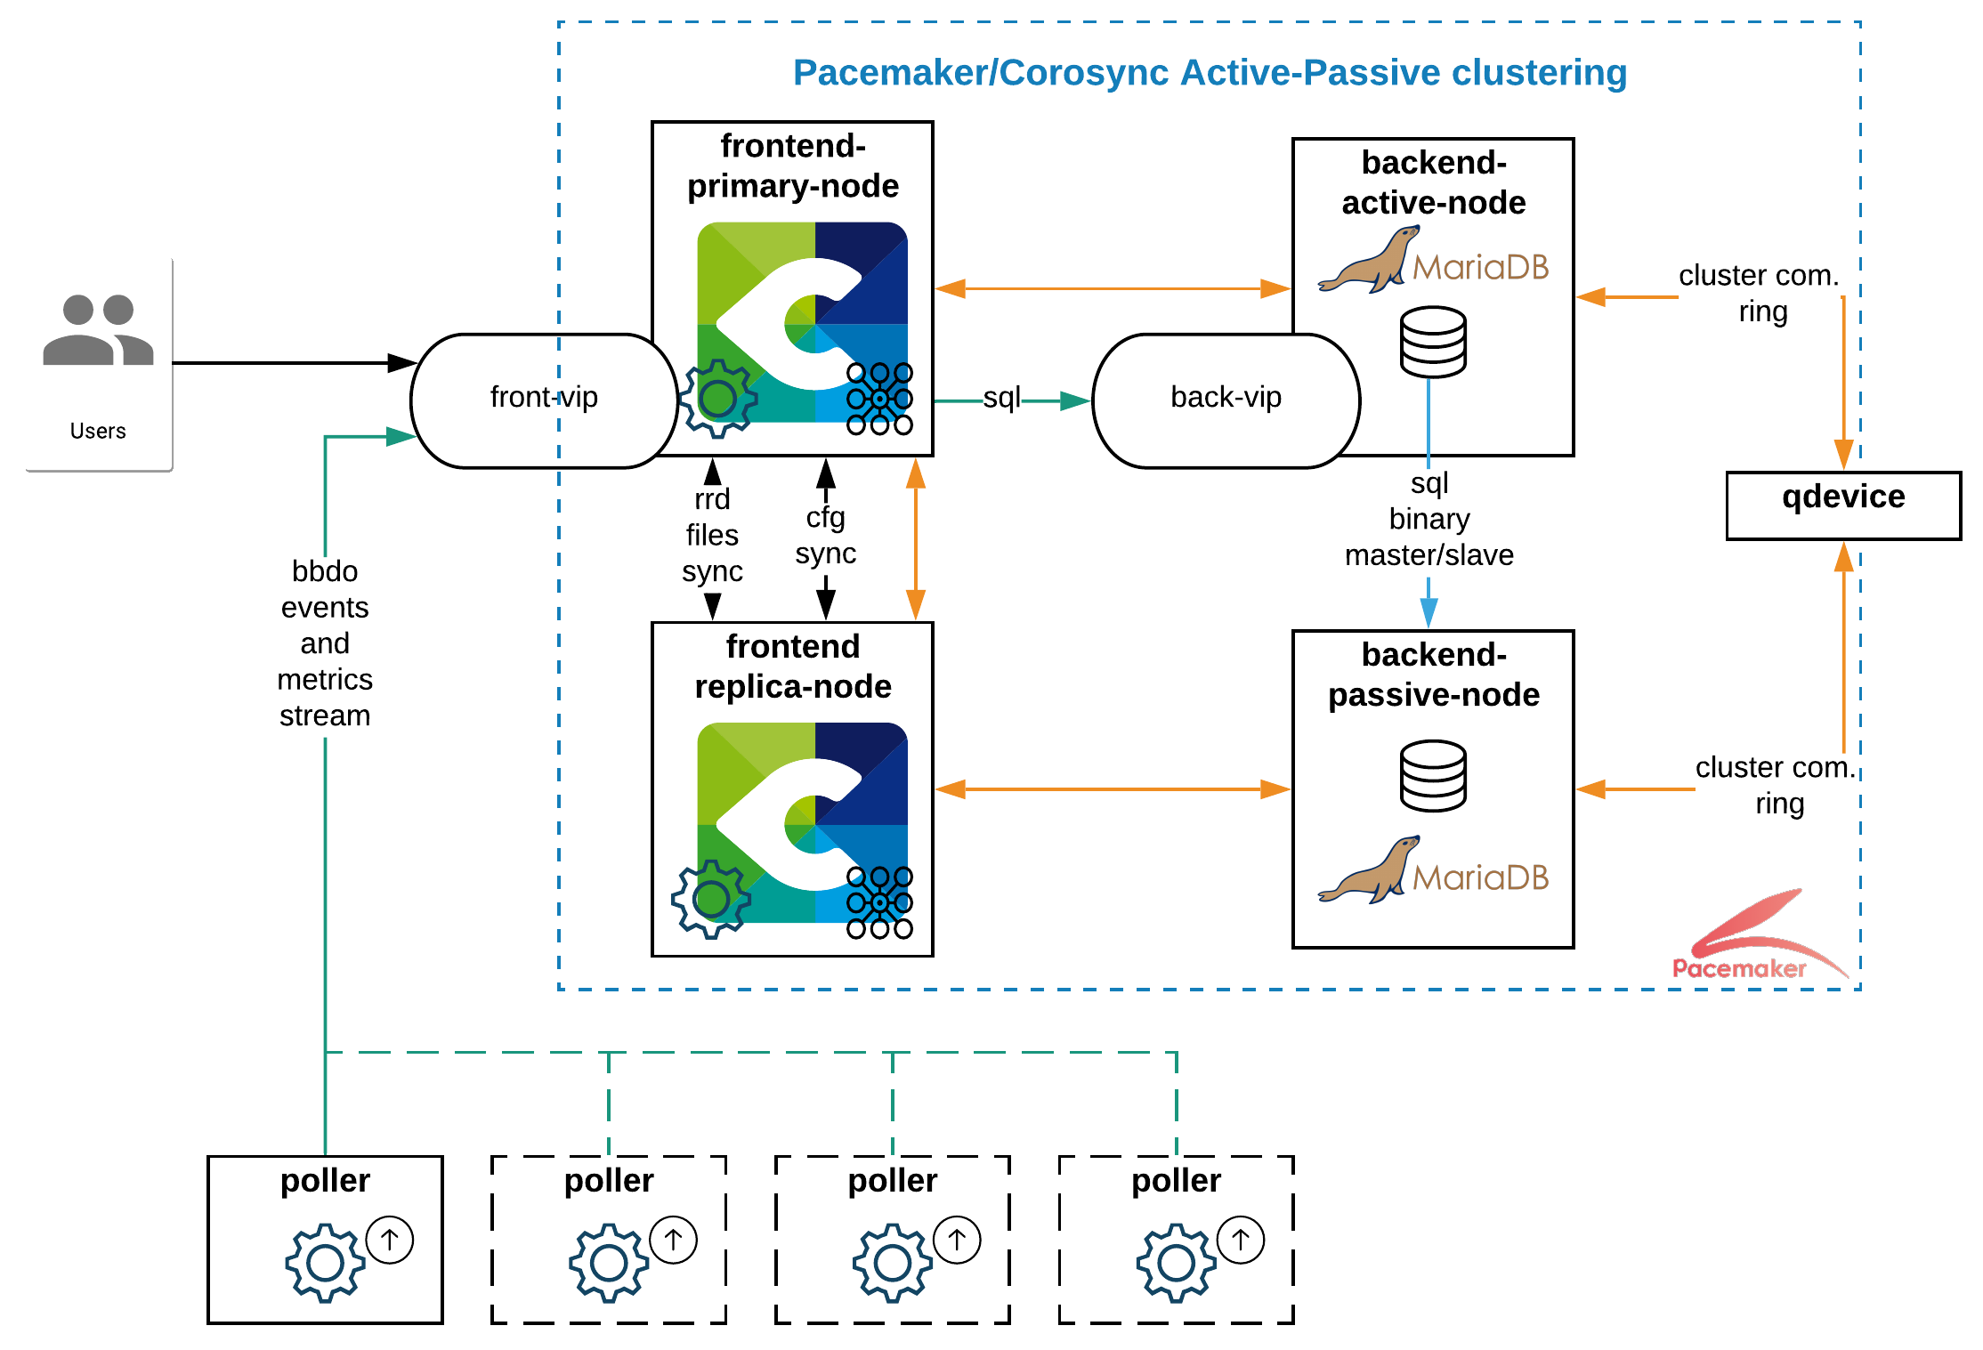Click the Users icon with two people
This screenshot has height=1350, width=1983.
point(98,330)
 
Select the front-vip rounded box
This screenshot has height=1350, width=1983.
point(544,400)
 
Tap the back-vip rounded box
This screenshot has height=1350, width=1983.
point(1226,400)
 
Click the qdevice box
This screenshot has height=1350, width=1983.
point(1842,504)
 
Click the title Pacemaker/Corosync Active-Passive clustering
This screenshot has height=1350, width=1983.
point(1210,73)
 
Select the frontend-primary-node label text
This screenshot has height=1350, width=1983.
point(792,166)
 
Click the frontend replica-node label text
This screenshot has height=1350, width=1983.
point(792,667)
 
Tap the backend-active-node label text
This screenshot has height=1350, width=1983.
point(1433,183)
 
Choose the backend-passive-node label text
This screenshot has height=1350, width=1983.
point(1433,675)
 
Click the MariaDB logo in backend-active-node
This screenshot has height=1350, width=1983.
point(1433,261)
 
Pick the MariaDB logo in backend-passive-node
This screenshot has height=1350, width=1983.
point(1433,871)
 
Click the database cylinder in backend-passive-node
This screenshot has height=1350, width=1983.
point(1433,775)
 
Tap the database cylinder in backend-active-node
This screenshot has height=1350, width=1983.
point(1433,342)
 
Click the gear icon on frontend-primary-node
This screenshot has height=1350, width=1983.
point(717,399)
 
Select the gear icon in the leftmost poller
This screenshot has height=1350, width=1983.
point(325,1262)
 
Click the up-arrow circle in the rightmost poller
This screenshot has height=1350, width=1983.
point(1241,1239)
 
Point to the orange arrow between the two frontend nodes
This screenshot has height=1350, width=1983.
point(915,539)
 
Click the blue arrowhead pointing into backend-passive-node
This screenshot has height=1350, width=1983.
point(1429,613)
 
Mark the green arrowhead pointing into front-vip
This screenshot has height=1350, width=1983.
point(401,436)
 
